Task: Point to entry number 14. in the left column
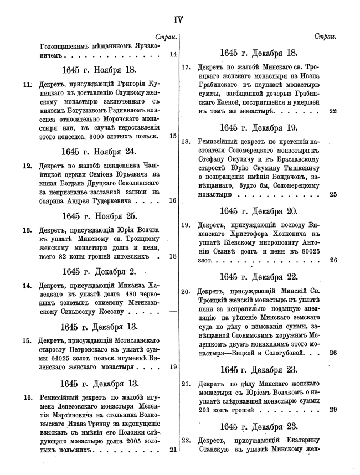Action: [x=27, y=286]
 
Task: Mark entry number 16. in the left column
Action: [x=27, y=397]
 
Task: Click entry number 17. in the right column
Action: [x=187, y=68]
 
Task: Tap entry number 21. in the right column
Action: [x=186, y=383]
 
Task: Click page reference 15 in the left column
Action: [x=173, y=136]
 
